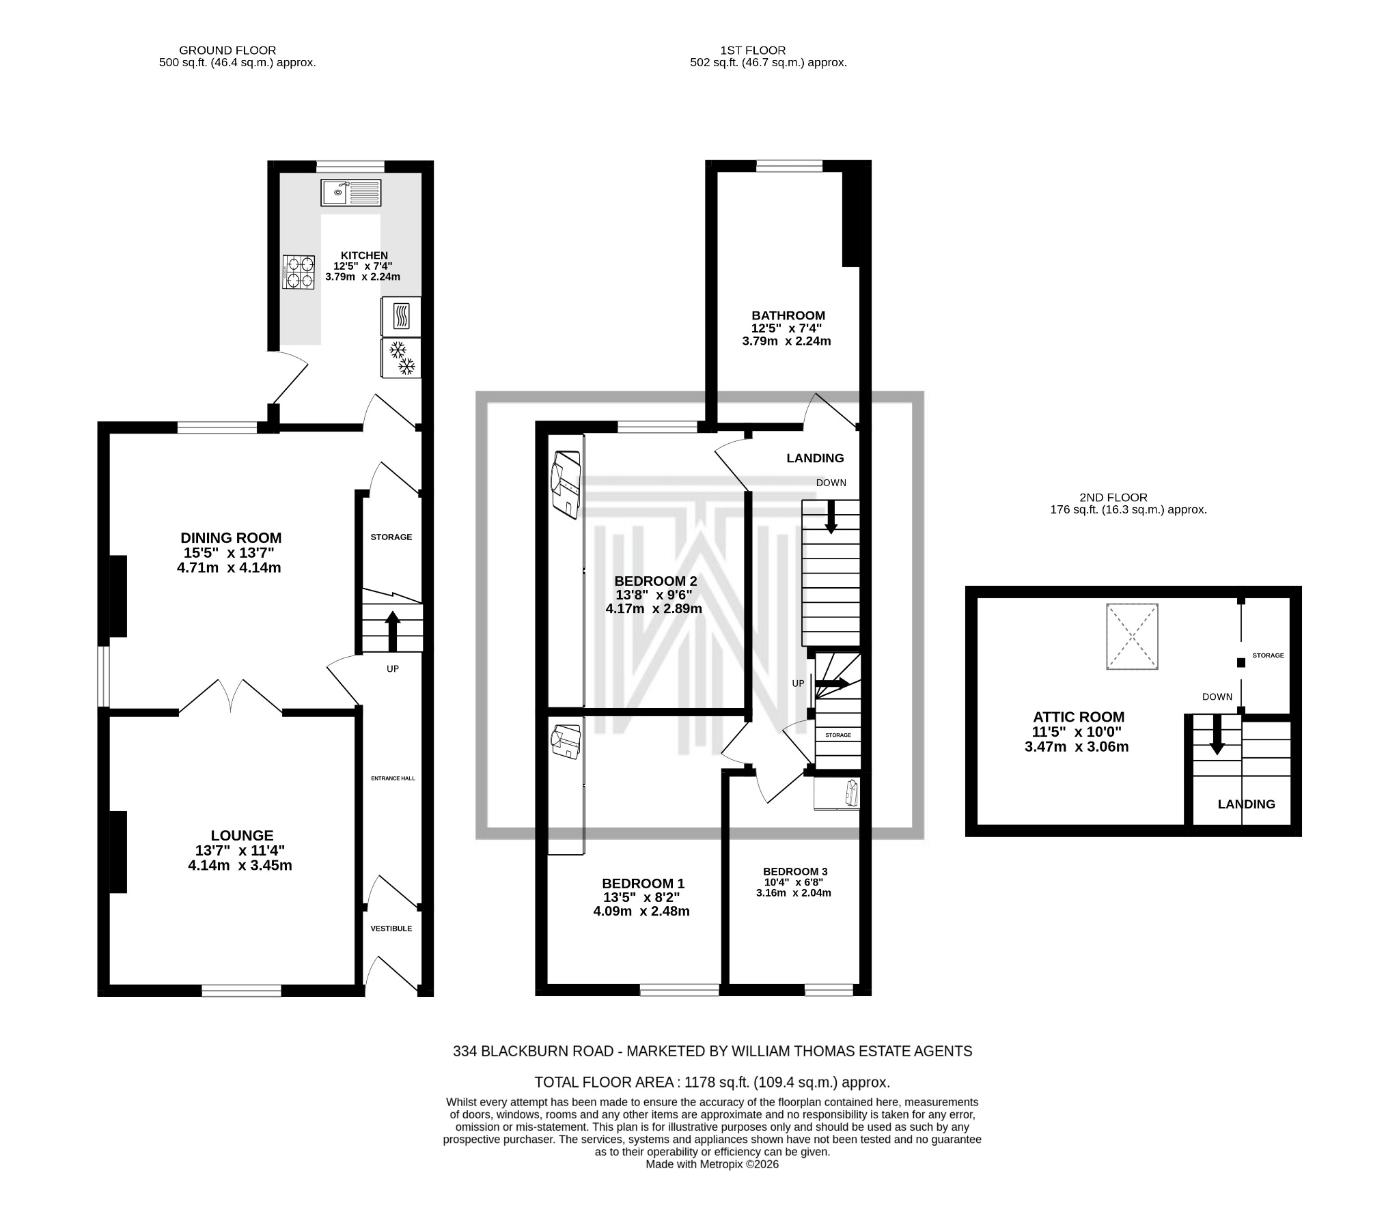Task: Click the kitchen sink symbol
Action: click(x=350, y=193)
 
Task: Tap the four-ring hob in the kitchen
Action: click(x=299, y=272)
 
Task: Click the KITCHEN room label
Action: click(x=364, y=255)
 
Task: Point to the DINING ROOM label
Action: click(x=231, y=538)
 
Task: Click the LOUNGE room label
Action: click(x=242, y=836)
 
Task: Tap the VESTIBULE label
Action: click(x=391, y=929)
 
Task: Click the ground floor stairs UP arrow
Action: click(x=392, y=630)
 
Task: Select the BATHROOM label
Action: click(x=788, y=315)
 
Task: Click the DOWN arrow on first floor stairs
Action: click(x=831, y=517)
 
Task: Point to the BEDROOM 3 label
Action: click(x=794, y=872)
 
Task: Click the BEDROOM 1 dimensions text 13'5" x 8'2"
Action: click(x=641, y=897)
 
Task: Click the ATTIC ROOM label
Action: click(x=1078, y=717)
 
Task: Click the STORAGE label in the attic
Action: click(x=1268, y=655)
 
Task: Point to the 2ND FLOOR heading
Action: click(x=1113, y=498)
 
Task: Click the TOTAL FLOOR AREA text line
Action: click(x=712, y=1083)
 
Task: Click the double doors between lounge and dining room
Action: click(x=231, y=696)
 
